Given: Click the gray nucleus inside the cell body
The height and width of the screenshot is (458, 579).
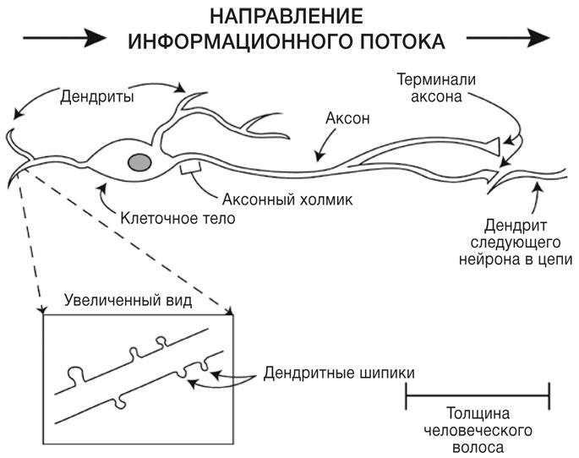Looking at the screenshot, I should coord(140,161).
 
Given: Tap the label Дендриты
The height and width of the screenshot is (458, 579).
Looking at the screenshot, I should coord(99,95).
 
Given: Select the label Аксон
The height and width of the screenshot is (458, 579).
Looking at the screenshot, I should coord(347,119).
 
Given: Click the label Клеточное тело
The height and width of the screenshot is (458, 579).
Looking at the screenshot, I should coord(178,218).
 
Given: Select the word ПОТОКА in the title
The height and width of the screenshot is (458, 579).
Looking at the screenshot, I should coord(396,41).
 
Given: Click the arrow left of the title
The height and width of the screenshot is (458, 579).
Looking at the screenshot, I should coord(64,38).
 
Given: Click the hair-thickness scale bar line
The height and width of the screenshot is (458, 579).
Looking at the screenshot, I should coord(478,394).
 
